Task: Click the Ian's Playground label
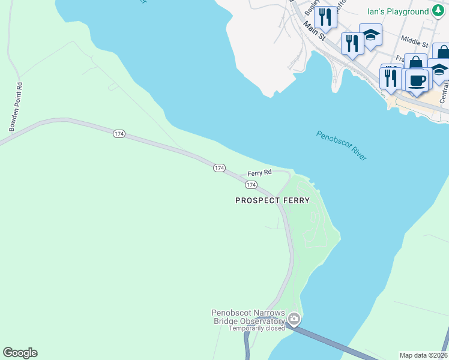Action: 398,11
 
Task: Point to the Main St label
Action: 314,32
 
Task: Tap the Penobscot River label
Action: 341,145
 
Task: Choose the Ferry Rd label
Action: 260,172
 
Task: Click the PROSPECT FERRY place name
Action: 273,200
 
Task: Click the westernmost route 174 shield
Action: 119,134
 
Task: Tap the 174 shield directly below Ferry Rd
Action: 252,185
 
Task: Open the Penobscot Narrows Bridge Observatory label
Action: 247,316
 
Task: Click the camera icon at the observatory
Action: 294,319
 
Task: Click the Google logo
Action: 20,353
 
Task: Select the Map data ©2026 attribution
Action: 423,355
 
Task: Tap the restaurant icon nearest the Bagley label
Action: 325,16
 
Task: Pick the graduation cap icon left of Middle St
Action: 370,35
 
